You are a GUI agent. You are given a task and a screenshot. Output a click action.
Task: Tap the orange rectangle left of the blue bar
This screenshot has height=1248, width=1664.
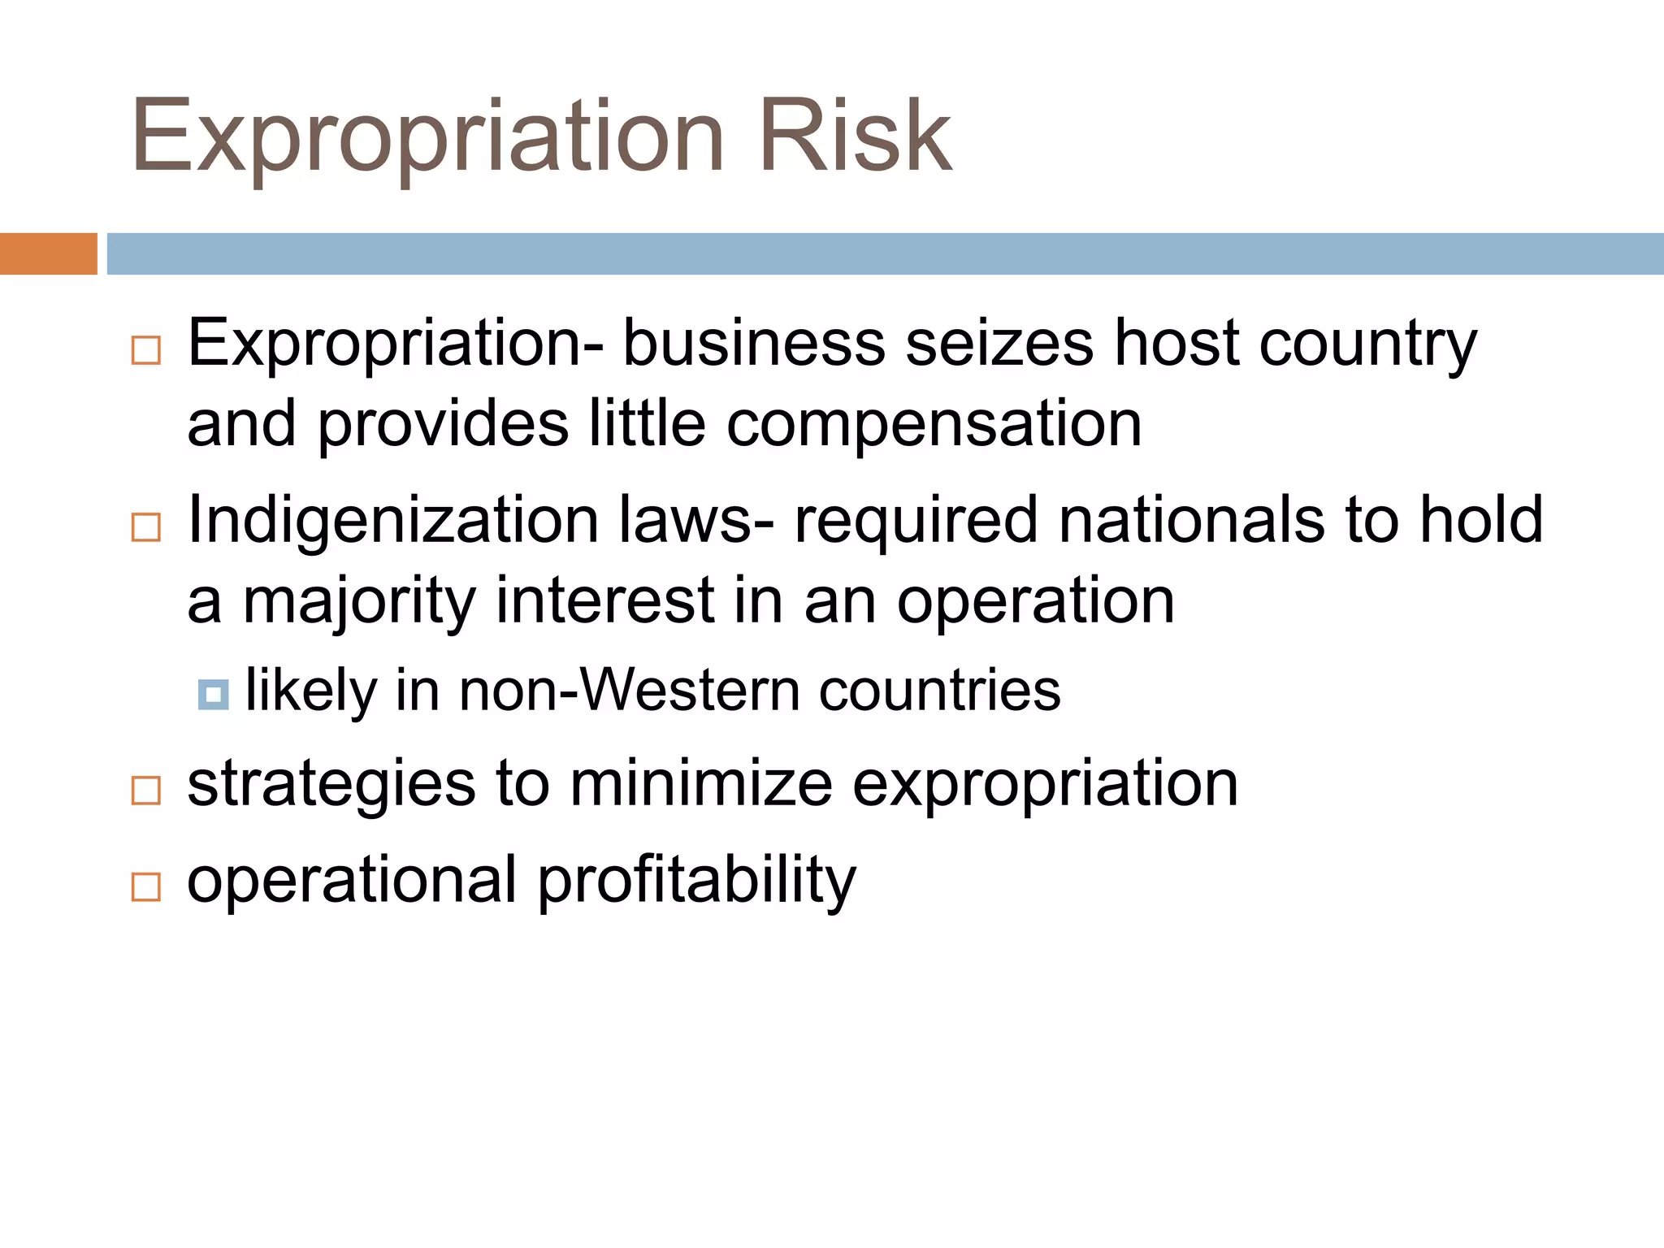click(48, 253)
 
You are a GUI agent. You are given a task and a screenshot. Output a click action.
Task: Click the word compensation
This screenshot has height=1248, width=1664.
click(934, 424)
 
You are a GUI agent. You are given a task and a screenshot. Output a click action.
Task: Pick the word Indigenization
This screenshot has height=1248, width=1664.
click(392, 521)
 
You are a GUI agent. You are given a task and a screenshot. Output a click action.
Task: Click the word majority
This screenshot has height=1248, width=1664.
click(359, 602)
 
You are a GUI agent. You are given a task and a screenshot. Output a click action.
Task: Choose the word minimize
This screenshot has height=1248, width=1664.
click(701, 784)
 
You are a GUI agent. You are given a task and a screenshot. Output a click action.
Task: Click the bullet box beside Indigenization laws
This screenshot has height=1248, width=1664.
click(146, 527)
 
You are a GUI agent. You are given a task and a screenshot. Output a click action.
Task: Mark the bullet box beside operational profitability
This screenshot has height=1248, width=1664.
click(146, 886)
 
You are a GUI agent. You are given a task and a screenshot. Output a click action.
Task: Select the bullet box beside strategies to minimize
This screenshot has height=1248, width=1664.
click(146, 790)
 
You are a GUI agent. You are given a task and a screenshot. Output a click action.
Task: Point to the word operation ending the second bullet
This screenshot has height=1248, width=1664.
click(1035, 602)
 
